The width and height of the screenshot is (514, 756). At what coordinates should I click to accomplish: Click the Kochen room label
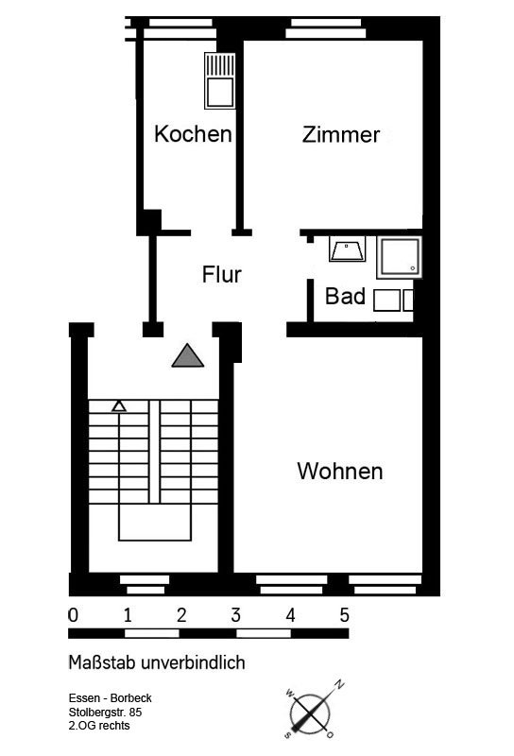[193, 134]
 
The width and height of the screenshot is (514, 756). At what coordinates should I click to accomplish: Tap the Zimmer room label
[341, 134]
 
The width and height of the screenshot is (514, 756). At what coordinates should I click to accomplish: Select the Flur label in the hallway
[222, 275]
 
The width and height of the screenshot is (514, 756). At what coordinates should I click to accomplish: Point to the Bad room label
[345, 296]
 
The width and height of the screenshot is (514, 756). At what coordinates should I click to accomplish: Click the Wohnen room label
[340, 471]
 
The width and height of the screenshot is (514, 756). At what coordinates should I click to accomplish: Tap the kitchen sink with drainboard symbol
[220, 80]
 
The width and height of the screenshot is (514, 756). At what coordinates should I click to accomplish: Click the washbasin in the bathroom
[347, 249]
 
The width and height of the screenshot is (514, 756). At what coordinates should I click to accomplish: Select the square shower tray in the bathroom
[400, 257]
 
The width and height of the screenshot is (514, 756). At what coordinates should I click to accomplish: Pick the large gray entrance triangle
[188, 356]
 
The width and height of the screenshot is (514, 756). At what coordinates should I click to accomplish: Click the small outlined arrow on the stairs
[119, 406]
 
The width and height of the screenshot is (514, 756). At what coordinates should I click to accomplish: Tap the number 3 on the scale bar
[235, 615]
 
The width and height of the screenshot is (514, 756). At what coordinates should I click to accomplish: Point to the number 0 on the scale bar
[74, 615]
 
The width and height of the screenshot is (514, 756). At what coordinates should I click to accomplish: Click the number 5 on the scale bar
[344, 615]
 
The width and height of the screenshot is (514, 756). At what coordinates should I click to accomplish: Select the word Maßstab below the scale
[102, 662]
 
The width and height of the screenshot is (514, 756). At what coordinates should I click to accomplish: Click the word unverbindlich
[194, 662]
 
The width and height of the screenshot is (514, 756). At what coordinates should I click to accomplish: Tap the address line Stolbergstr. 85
[105, 713]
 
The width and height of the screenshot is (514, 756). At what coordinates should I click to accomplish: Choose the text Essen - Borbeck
[110, 698]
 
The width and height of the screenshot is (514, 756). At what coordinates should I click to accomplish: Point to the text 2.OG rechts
[99, 726]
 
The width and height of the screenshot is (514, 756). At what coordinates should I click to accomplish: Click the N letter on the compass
[340, 684]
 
